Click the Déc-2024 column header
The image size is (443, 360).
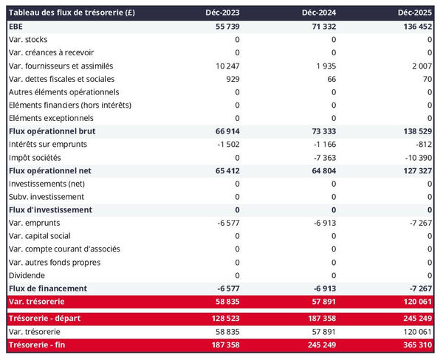point(319,13)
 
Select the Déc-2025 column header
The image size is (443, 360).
point(413,13)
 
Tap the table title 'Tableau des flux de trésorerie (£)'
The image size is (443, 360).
point(72,13)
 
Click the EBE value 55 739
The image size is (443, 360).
point(224,25)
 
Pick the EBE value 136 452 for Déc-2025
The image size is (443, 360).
point(413,25)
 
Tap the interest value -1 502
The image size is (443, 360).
point(226,144)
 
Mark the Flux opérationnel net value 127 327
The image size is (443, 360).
point(413,170)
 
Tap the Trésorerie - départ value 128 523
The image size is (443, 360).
point(222,318)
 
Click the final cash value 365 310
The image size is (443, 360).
point(413,345)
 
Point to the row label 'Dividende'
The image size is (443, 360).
point(27,275)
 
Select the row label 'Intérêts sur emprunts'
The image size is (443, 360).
point(49,144)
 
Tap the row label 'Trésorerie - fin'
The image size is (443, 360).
point(41,345)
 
